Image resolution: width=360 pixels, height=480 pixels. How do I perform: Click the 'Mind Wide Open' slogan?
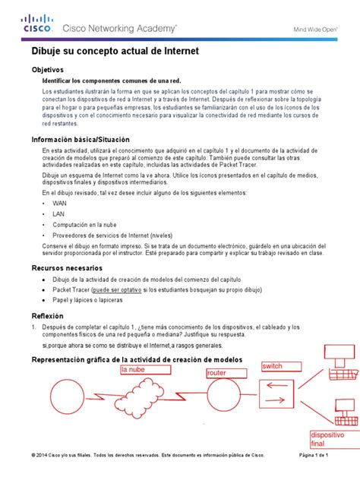click(x=317, y=30)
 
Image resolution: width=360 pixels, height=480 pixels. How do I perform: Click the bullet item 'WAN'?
click(x=59, y=204)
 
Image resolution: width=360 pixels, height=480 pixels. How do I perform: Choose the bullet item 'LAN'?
click(x=58, y=214)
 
